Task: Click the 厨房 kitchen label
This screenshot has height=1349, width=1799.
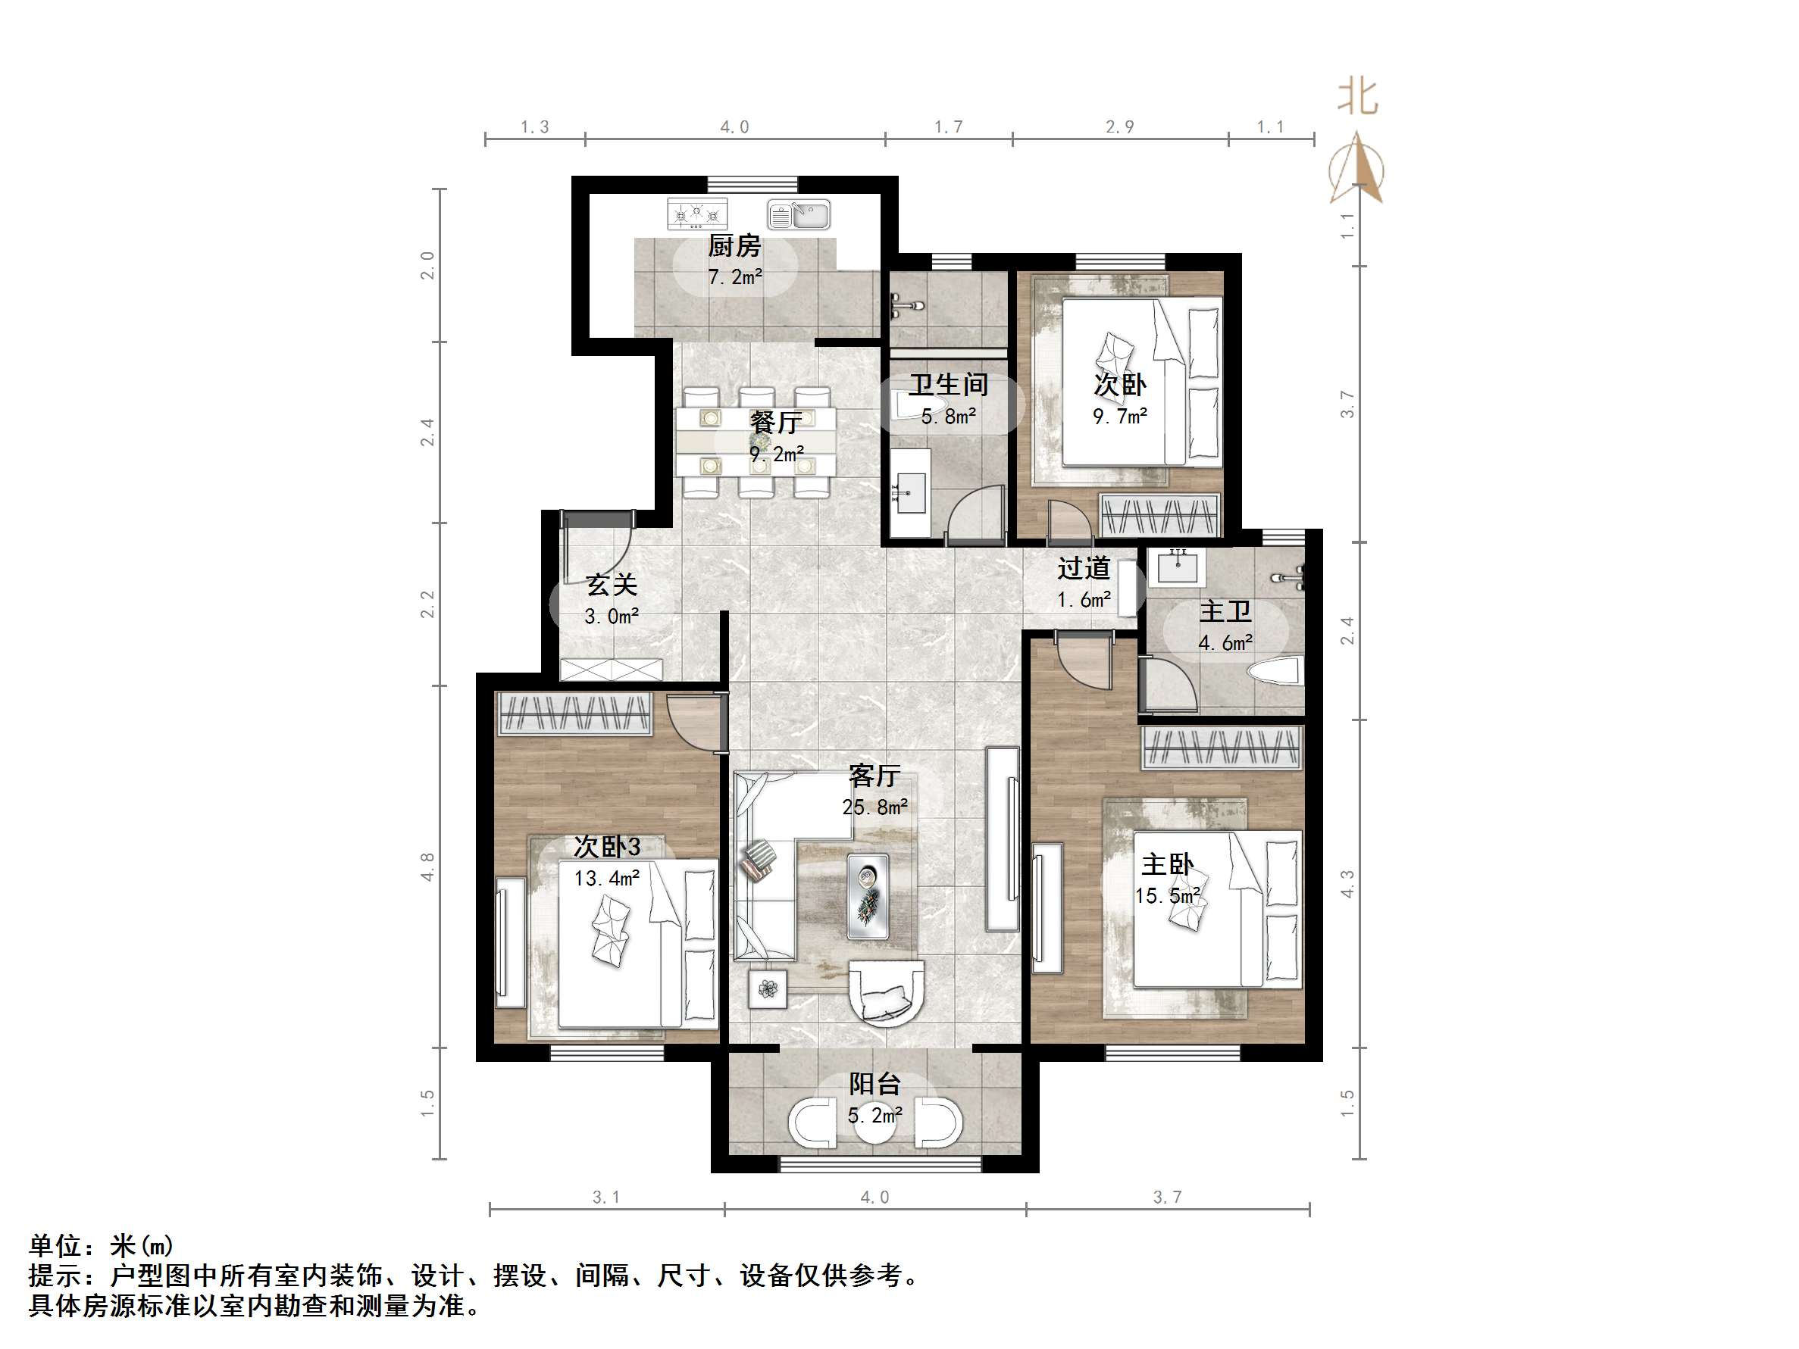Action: coord(734,245)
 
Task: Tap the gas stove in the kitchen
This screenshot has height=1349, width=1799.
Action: coord(697,214)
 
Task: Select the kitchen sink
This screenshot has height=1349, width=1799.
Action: coord(799,215)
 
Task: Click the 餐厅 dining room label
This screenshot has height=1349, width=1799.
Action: coord(775,422)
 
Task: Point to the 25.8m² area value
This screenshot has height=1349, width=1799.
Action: coord(874,807)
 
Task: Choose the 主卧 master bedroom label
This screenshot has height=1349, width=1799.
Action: coord(1167,864)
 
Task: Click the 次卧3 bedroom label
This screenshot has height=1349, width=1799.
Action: coord(607,847)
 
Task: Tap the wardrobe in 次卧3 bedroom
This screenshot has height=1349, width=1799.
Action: coord(575,713)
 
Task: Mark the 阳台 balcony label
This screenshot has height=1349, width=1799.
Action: coord(874,1084)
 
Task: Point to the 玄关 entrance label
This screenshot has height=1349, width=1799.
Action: coord(612,585)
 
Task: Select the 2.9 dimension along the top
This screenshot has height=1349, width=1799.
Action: coord(1119,126)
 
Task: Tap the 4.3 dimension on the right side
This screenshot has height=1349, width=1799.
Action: coord(1347,884)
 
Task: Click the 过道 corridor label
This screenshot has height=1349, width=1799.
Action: coord(1084,568)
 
